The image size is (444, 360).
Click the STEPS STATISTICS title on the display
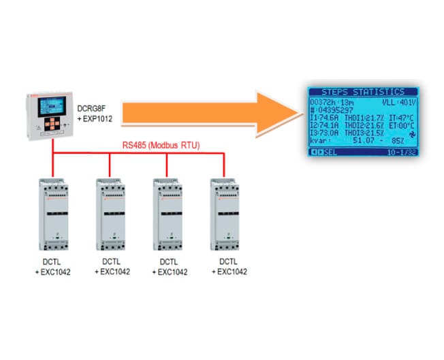362,92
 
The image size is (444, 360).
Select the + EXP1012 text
91,119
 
